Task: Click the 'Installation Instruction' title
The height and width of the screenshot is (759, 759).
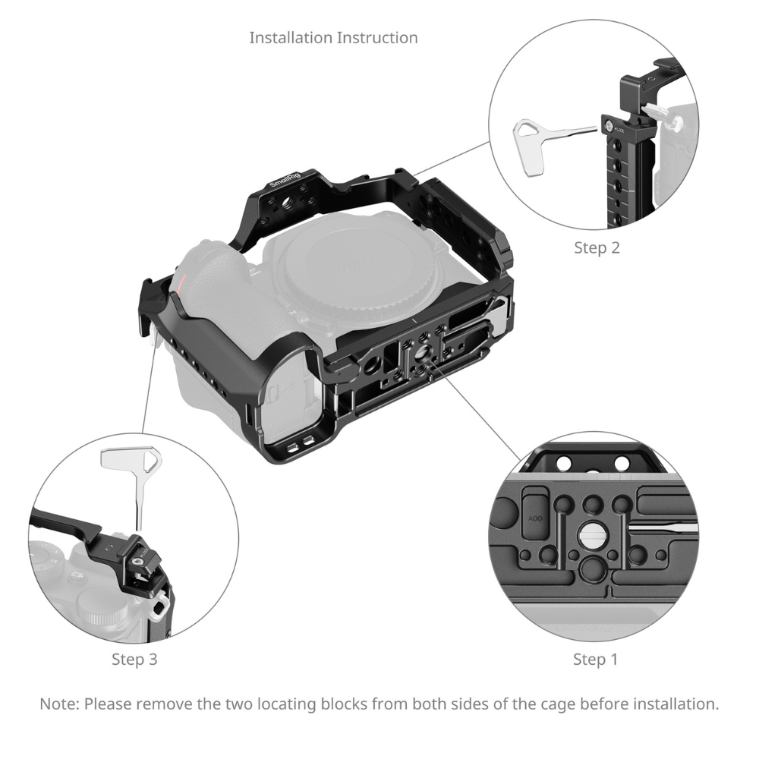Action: click(333, 37)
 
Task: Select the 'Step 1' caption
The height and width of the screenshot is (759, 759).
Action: click(595, 660)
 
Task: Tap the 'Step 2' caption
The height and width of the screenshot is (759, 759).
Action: click(597, 247)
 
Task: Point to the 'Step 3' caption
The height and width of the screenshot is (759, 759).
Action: click(134, 660)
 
